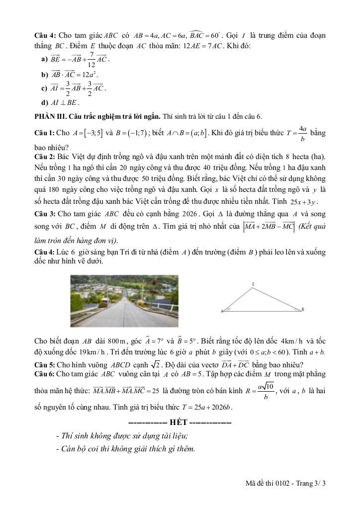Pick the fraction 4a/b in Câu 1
click(302, 133)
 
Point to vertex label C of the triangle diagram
click(253, 284)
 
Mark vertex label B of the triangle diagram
click(302, 309)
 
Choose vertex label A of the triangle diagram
click(222, 311)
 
